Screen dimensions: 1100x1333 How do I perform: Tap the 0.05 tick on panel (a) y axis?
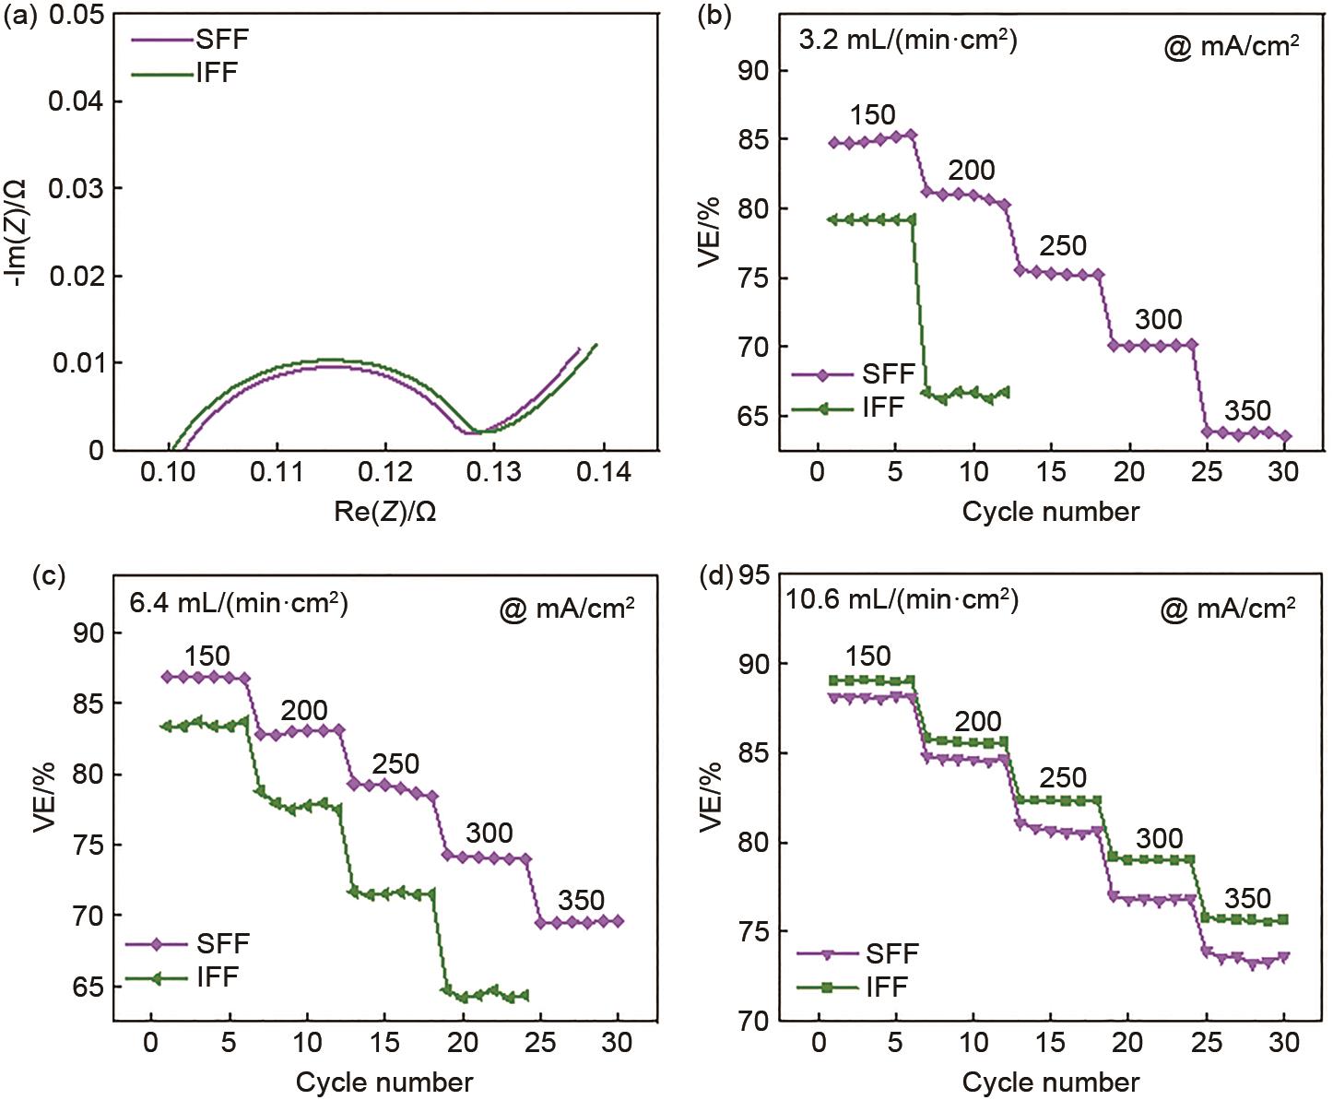pyautogui.click(x=77, y=16)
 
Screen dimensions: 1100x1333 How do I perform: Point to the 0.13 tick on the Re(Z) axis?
pyautogui.click(x=493, y=472)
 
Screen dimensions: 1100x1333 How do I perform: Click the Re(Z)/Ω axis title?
pyautogui.click(x=384, y=511)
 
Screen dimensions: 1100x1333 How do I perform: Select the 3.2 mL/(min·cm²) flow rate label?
pyautogui.click(x=907, y=41)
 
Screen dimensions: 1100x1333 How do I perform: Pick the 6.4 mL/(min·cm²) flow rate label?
pyautogui.click(x=239, y=604)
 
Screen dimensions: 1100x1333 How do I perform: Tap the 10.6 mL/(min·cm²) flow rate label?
pyautogui.click(x=902, y=599)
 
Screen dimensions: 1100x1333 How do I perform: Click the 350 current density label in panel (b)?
pyautogui.click(x=1247, y=410)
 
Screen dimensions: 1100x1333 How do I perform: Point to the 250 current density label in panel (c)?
pyautogui.click(x=395, y=763)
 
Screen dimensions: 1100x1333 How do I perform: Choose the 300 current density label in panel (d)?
pyautogui.click(x=1159, y=838)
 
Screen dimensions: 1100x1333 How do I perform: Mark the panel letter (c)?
pyautogui.click(x=48, y=576)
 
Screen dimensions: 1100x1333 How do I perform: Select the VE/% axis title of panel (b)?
pyautogui.click(x=709, y=231)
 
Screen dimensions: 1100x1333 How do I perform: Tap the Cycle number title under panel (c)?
pyautogui.click(x=384, y=1082)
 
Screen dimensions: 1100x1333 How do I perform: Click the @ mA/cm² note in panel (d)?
pyautogui.click(x=1228, y=609)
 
